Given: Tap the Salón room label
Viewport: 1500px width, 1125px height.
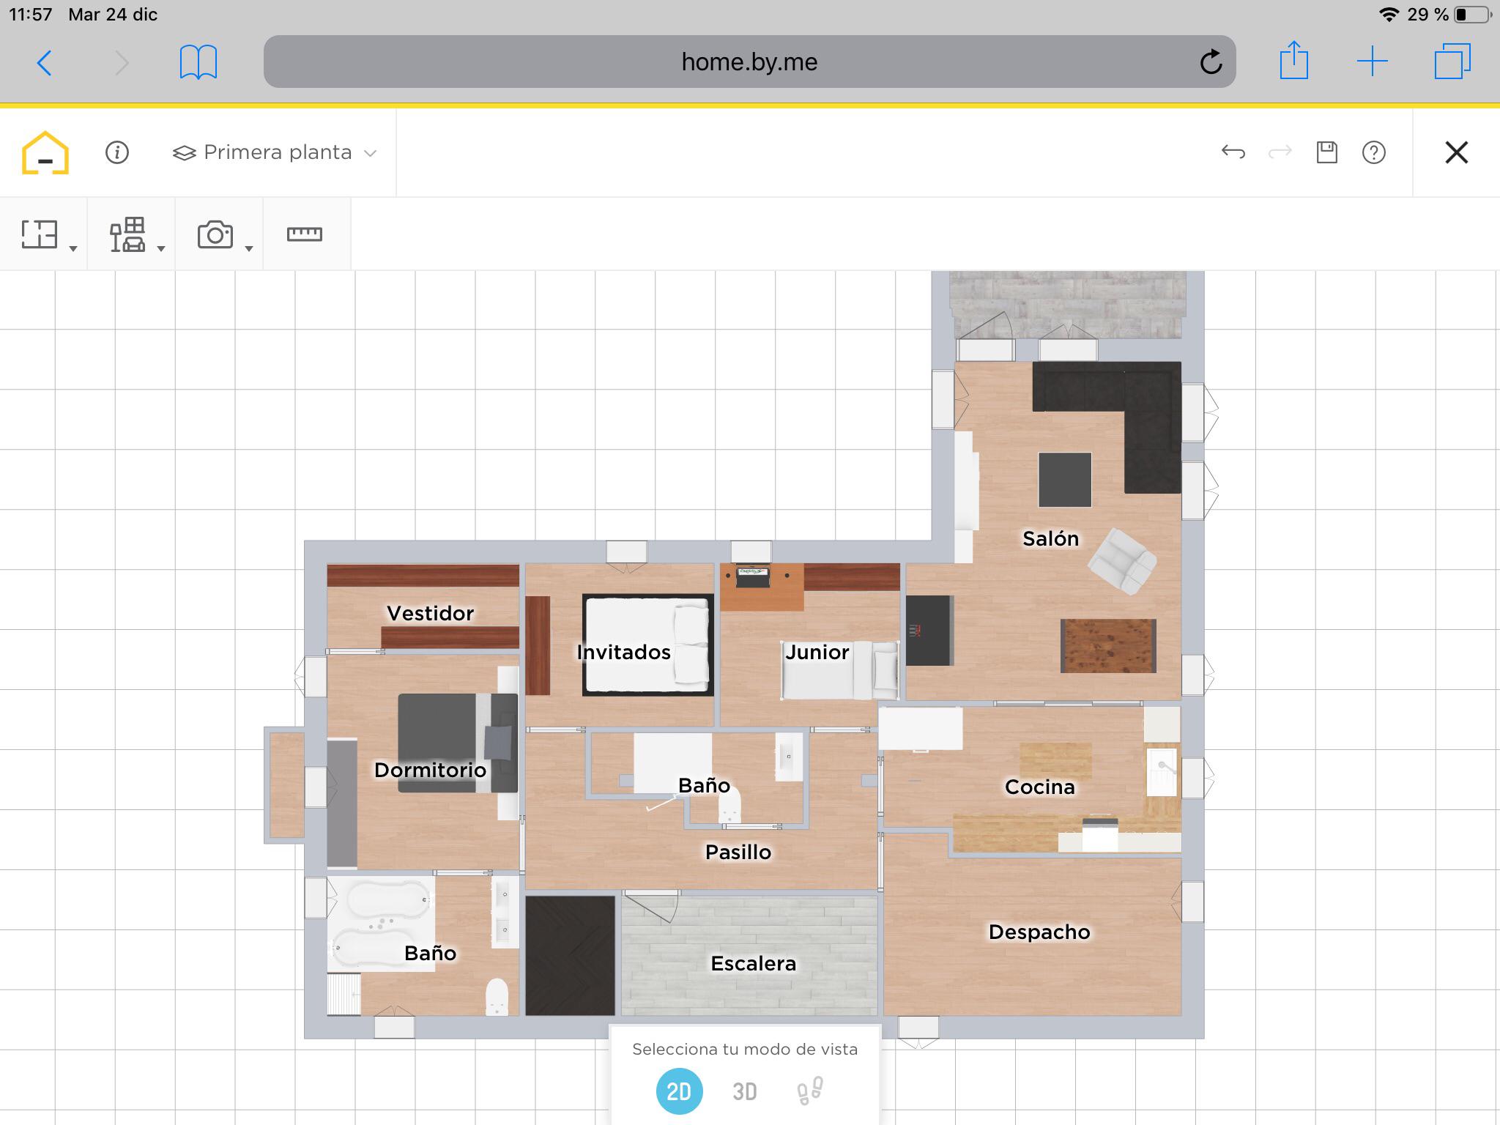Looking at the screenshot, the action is click(x=1050, y=538).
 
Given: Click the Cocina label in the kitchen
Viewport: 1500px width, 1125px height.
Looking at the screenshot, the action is click(x=1039, y=787).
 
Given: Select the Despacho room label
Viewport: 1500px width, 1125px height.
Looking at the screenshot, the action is click(x=1039, y=932).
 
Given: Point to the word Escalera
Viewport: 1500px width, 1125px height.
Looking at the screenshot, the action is click(x=753, y=963).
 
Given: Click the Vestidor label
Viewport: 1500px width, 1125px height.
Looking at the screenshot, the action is click(x=430, y=613).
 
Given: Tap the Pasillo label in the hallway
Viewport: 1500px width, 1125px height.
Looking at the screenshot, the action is click(x=738, y=852).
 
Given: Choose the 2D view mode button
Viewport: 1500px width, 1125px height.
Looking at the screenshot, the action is click(x=679, y=1091).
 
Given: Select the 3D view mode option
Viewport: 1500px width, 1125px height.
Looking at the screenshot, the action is click(x=745, y=1091).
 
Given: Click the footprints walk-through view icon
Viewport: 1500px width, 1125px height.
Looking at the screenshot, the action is click(x=810, y=1091).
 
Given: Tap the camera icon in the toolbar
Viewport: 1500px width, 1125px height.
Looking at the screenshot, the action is click(x=215, y=234).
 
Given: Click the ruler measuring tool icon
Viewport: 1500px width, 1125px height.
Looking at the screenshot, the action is click(x=304, y=234).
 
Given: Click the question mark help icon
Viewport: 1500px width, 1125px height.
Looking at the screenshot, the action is click(x=1373, y=152).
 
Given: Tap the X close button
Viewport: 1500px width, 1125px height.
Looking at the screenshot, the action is click(x=1456, y=152).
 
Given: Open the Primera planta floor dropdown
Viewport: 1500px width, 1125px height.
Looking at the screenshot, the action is click(x=275, y=152).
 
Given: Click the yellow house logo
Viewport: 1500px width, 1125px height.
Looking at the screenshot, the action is click(x=45, y=152).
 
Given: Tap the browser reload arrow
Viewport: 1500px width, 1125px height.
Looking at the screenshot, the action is click(x=1211, y=62).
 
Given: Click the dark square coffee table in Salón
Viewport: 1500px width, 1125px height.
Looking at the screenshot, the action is click(x=1064, y=480).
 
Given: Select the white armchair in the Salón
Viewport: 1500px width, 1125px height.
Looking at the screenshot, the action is click(x=1121, y=561).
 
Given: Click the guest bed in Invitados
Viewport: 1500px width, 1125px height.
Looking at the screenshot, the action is click(x=647, y=645).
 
